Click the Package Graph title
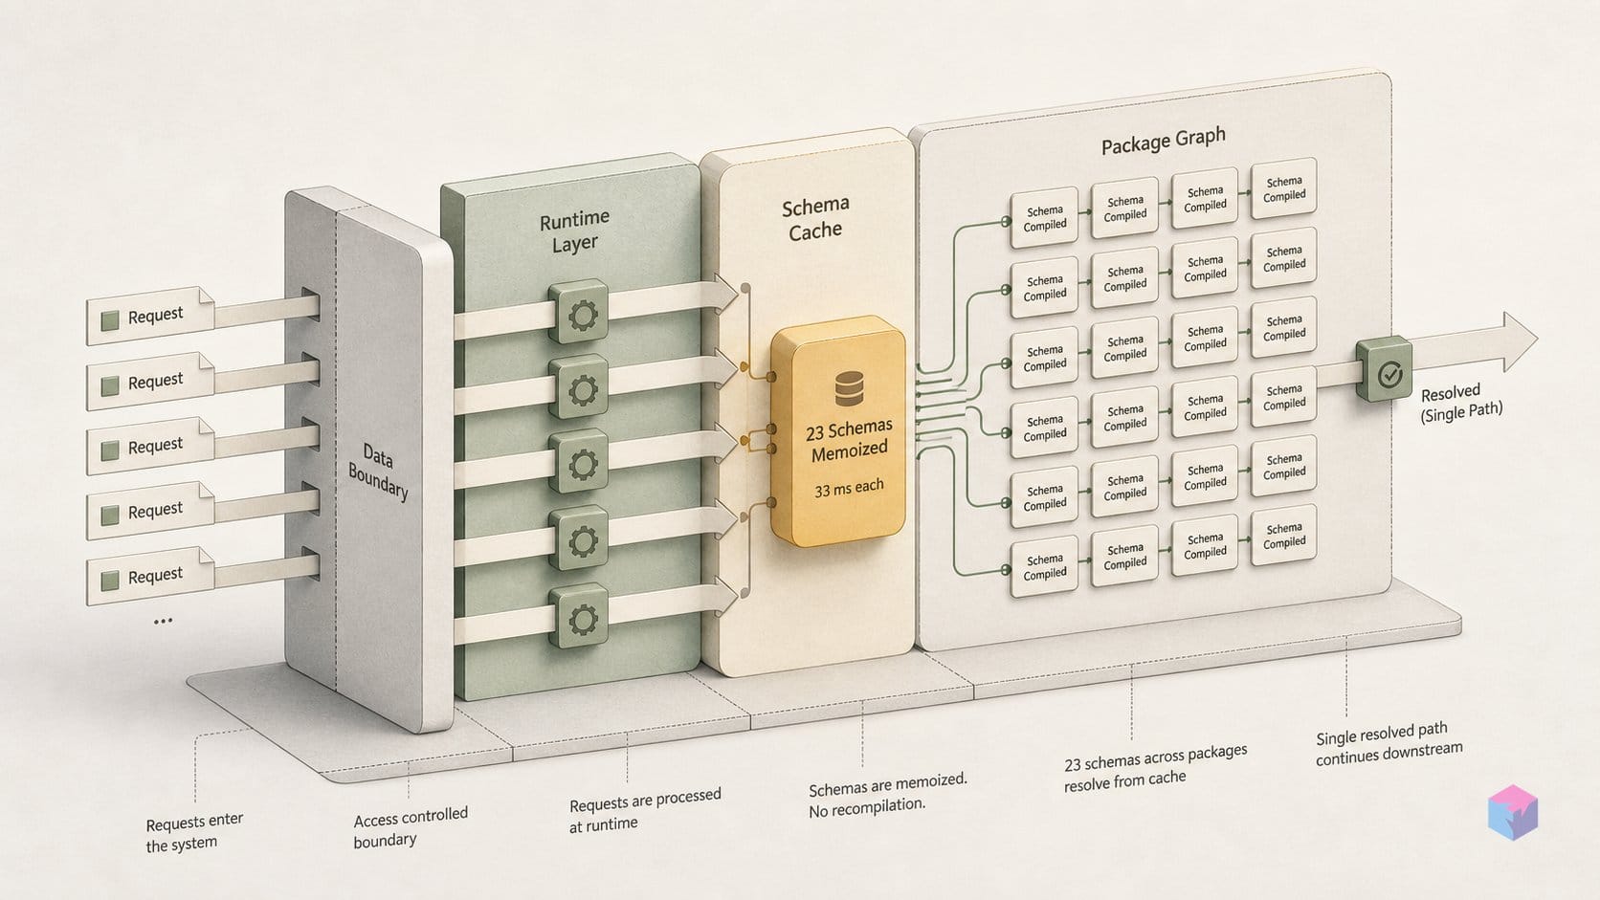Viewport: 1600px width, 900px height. click(1163, 141)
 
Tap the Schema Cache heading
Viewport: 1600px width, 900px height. click(815, 218)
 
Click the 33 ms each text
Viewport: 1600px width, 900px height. click(850, 488)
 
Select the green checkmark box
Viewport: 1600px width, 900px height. click(1385, 370)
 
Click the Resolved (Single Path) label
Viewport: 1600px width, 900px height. click(1460, 403)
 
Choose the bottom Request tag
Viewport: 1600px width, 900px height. click(150, 576)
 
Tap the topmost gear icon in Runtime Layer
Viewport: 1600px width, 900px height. click(579, 312)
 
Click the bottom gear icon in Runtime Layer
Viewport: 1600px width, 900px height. click(579, 617)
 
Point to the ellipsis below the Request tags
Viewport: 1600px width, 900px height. click(163, 621)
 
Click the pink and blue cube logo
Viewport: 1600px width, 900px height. click(1513, 812)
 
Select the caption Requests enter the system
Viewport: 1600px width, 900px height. click(194, 832)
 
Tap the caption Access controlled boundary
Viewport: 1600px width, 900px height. click(410, 826)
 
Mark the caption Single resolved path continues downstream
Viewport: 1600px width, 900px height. click(1389, 744)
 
